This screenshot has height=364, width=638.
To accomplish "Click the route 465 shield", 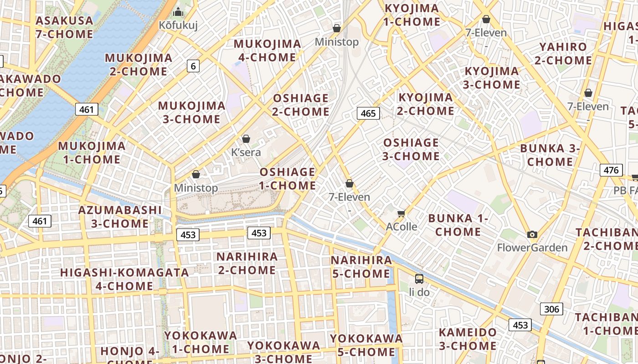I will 368,113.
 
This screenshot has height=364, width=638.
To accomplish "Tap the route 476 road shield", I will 611,170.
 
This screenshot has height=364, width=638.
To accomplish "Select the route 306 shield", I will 551,309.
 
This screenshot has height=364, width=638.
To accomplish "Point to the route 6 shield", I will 193,66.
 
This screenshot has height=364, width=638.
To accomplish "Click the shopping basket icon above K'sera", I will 246,139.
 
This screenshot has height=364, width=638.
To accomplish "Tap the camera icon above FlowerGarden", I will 532,234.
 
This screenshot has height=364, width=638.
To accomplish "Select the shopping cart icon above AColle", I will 401,213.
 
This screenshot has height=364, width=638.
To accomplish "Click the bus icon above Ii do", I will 419,278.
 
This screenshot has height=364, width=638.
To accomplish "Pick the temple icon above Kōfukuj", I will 178,12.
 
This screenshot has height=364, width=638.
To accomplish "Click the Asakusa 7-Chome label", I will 64,27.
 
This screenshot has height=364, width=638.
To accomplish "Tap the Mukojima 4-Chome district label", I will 268,51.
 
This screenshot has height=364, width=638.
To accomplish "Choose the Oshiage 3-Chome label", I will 411,149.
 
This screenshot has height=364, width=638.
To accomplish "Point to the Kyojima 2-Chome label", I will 426,104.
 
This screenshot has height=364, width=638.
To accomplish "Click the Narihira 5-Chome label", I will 361,267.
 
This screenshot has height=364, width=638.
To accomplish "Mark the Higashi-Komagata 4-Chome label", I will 124,279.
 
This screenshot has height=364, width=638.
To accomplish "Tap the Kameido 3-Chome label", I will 468,339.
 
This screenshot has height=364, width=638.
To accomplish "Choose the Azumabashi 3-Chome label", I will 120,217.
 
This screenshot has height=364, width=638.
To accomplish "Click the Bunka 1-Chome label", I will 458,225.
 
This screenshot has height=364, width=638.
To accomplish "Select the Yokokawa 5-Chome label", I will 366,345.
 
